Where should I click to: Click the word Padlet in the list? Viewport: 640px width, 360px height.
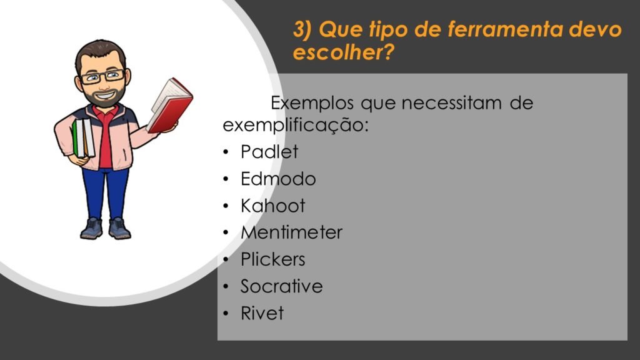269,152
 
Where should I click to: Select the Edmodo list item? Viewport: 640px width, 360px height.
278,179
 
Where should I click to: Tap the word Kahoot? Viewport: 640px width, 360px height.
272,206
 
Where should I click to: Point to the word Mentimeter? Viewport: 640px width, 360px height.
291,232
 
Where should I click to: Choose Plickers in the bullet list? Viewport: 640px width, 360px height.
272,259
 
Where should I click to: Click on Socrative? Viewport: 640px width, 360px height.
282,286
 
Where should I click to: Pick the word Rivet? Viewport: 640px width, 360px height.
262,313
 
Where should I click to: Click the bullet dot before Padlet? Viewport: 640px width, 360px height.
226,152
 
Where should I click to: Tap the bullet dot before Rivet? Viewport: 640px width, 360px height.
226,314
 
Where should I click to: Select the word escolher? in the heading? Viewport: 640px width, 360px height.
344,52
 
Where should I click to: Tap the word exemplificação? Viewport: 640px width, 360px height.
296,125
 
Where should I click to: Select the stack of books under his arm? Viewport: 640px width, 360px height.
83,138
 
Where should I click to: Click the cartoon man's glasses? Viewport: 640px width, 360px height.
102,76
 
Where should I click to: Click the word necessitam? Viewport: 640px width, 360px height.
451,103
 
